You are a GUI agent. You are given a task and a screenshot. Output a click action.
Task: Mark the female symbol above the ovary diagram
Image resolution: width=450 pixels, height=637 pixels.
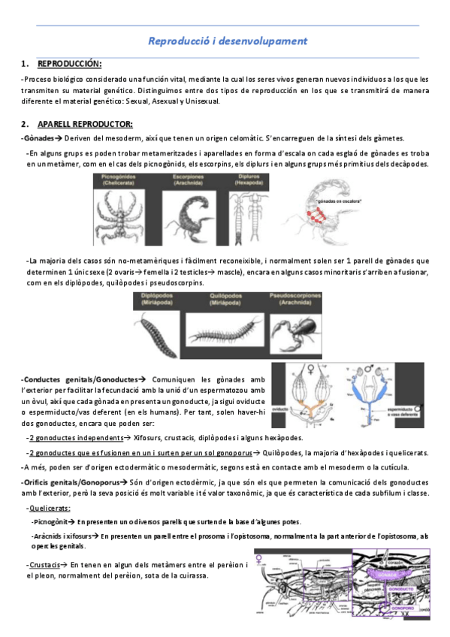pos(311,368)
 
